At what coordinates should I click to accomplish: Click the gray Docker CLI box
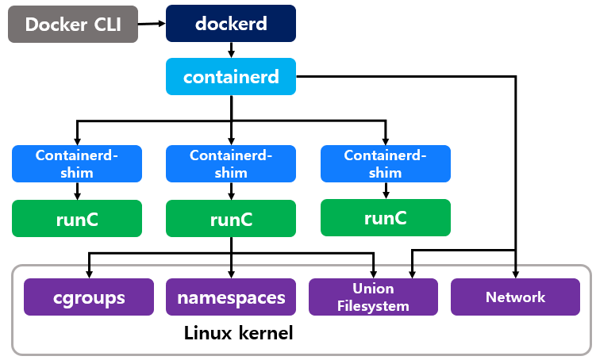click(72, 24)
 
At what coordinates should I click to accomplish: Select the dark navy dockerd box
click(230, 23)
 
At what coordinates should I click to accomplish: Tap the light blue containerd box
click(230, 77)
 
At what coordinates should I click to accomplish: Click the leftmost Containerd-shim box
click(77, 163)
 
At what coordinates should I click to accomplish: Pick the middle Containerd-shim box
click(231, 163)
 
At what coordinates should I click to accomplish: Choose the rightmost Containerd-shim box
click(385, 163)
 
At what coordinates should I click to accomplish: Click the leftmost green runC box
click(77, 219)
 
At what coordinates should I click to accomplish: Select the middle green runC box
click(231, 219)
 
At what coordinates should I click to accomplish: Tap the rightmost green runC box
click(385, 217)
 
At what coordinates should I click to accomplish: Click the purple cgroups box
click(89, 297)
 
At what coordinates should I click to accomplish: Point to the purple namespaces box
click(231, 297)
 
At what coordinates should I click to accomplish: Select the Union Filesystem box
click(373, 297)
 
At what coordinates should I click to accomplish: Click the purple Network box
click(515, 297)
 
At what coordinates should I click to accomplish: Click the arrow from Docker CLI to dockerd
click(151, 24)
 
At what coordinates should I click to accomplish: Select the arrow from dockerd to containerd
click(230, 50)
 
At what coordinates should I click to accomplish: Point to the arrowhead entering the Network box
click(516, 274)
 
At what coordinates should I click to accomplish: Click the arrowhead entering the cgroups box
click(89, 274)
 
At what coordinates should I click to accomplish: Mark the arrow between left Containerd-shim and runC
click(77, 191)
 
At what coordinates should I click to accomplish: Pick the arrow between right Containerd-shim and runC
click(385, 190)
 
